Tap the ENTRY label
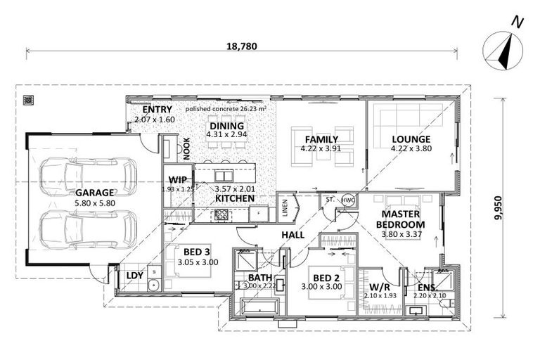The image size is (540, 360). coord(157,111)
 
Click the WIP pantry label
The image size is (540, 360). coord(177,179)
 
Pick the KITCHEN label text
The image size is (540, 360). coord(234,199)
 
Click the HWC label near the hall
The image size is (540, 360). coord(346,200)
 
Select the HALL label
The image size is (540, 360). coord(292,234)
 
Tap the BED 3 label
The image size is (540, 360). coord(196,252)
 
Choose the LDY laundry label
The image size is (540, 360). coord(134,276)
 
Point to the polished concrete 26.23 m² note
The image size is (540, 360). coord(225,110)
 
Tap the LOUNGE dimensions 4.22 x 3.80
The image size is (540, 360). coord(411,148)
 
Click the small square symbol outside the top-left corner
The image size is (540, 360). coord(29,100)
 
